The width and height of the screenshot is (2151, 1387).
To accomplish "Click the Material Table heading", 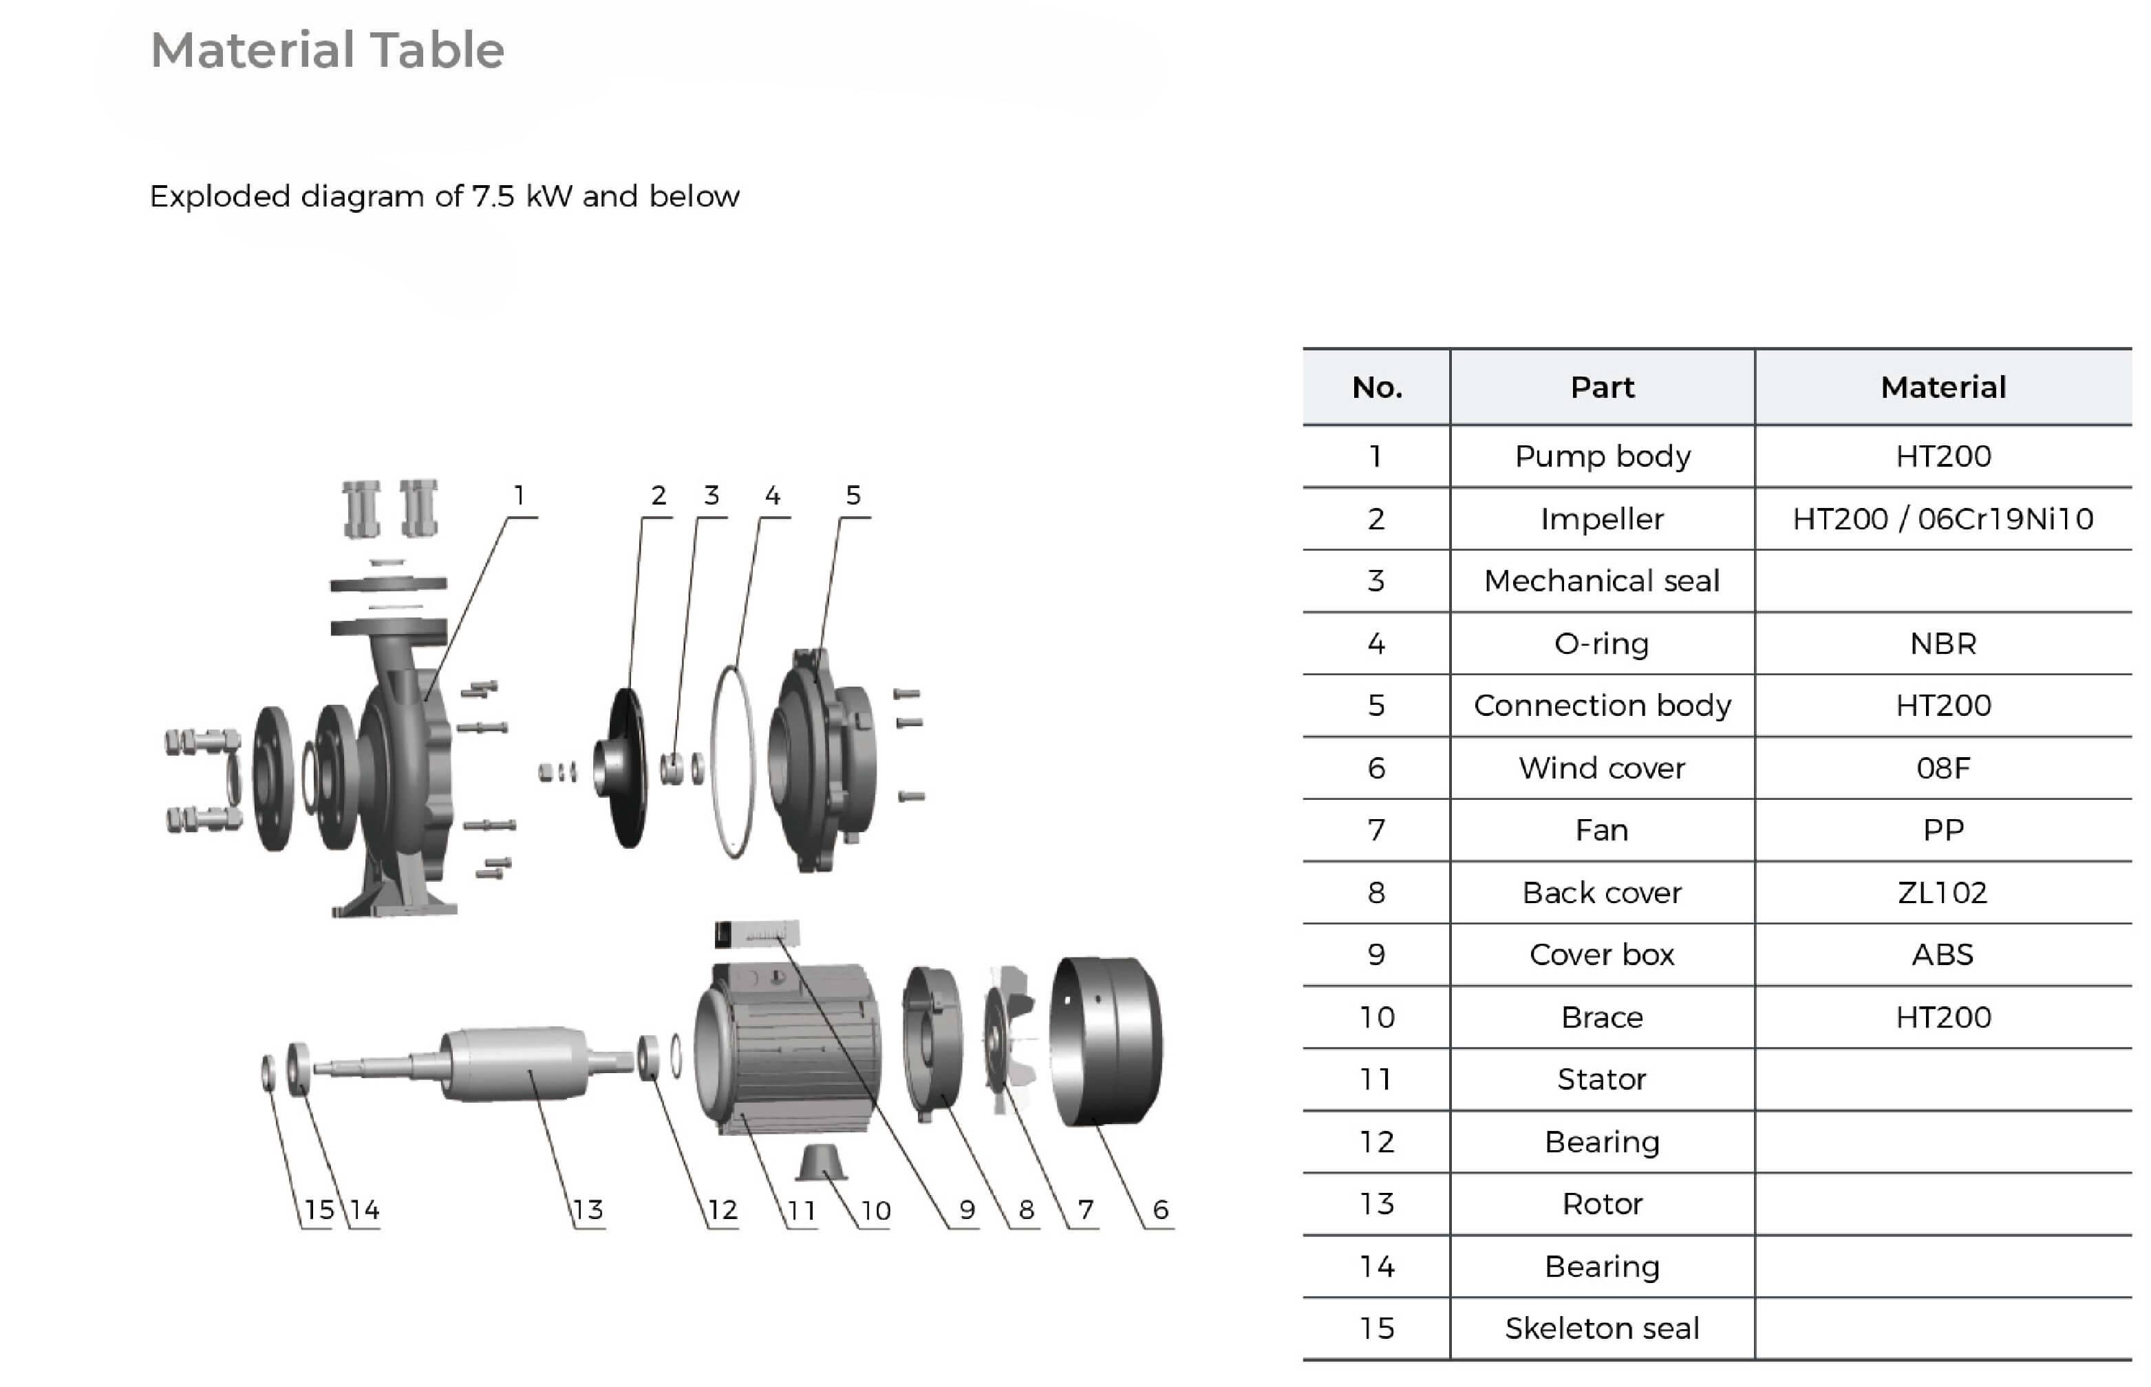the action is coord(327,50).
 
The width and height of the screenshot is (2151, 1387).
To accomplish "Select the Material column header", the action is coord(1943,388).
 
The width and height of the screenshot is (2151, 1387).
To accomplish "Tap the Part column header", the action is coord(1602,388).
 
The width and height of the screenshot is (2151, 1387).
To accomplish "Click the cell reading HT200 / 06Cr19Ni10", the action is coord(1943,519).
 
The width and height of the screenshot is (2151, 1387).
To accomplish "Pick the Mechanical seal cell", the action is coord(1602,581).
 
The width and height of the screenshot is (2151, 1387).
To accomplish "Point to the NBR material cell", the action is coord(1943,643).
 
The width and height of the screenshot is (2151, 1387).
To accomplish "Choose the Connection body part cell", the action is coord(1602,706).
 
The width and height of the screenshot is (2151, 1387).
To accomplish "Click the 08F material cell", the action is coord(1943,767).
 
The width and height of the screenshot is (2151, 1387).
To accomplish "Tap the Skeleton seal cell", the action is coord(1602,1328).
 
